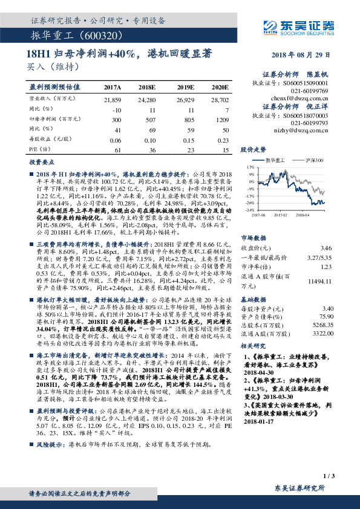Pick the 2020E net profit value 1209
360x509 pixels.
pyautogui.click(x=221, y=121)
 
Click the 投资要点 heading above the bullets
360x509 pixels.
pyautogui.click(x=40, y=163)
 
